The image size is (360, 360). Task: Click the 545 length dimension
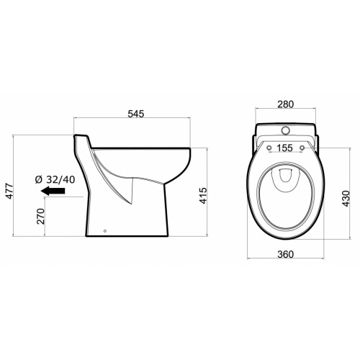click(137, 113)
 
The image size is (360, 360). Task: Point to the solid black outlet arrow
click(53, 192)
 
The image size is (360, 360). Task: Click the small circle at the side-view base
click(106, 231)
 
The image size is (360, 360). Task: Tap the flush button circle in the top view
click(285, 131)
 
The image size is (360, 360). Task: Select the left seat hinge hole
click(268, 149)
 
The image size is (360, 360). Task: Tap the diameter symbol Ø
click(37, 179)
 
